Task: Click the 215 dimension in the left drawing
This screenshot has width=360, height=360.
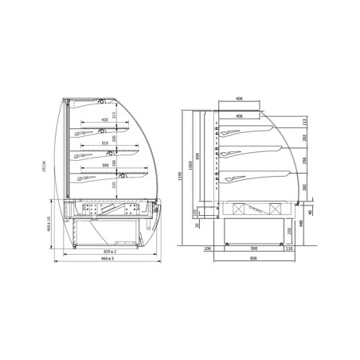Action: tap(115, 116)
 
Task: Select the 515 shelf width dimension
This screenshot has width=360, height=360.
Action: tap(105, 143)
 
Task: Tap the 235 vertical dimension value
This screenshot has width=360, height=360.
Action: tap(115, 185)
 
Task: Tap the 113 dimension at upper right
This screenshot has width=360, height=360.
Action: tap(305, 122)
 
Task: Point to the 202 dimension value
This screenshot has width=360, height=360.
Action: tap(305, 138)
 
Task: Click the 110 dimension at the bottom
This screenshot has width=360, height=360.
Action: tap(289, 249)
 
